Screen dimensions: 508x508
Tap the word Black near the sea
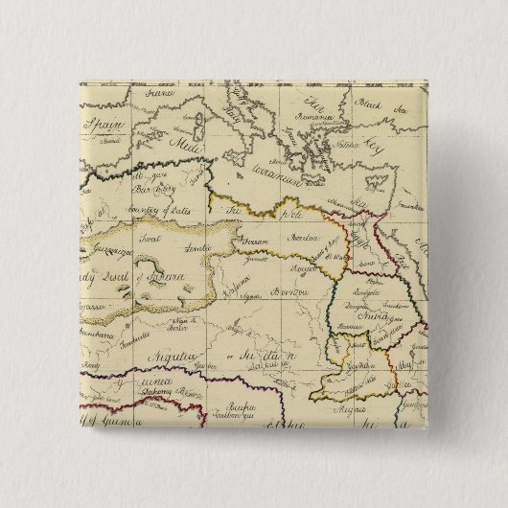point(369,105)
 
